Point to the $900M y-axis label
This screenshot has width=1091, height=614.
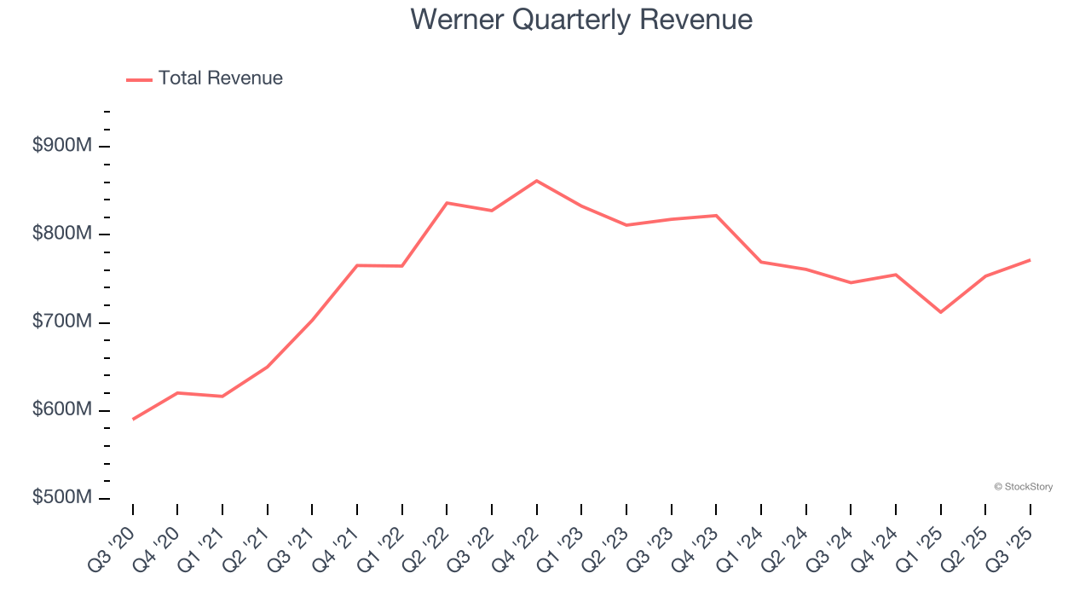coord(62,146)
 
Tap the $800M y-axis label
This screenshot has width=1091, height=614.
coord(62,234)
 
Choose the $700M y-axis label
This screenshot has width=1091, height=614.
coord(62,322)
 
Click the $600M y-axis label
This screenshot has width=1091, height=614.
coord(62,410)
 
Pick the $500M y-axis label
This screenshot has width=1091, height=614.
coord(62,498)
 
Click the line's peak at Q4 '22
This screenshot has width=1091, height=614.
coord(536,181)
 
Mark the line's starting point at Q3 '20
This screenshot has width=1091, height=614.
coord(133,419)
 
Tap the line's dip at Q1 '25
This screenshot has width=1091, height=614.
coord(940,312)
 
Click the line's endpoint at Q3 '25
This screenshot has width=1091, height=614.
coord(1030,260)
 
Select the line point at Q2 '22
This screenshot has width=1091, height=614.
coord(447,203)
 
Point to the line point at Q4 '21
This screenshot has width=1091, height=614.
coord(357,265)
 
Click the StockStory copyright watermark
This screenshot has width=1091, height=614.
coord(1023,487)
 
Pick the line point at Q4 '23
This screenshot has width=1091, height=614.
coord(716,216)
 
